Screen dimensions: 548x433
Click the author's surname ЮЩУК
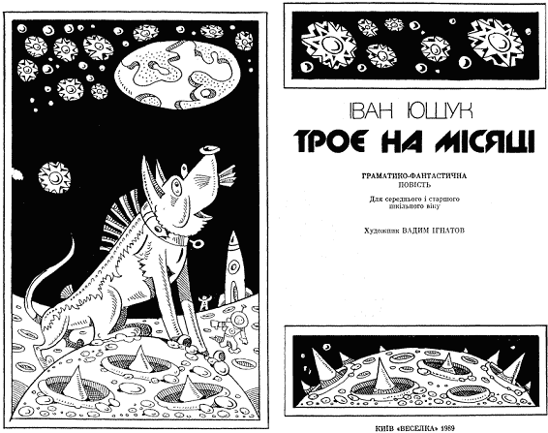click(440, 110)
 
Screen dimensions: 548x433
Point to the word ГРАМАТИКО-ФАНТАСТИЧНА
click(414, 176)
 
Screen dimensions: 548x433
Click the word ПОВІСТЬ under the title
click(414, 185)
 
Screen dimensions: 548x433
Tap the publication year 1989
click(448, 428)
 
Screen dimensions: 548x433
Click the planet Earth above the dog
click(178, 75)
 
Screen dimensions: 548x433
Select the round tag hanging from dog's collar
click(197, 243)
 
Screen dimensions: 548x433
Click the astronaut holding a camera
click(234, 329)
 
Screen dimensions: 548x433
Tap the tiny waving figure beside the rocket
click(203, 302)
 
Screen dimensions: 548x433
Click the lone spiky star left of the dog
click(54, 177)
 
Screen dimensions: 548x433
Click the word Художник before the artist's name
click(382, 231)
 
